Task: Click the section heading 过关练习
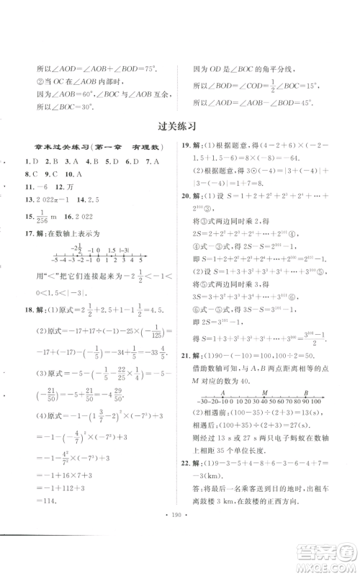[x=179, y=125]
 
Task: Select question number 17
[x=28, y=243]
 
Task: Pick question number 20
[x=186, y=220]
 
